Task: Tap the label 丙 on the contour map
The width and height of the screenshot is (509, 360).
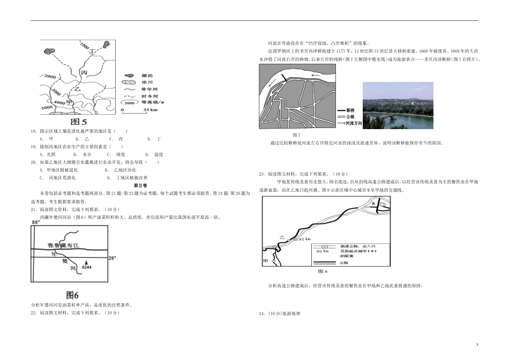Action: [84, 73]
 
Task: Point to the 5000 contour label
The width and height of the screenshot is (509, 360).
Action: [47, 108]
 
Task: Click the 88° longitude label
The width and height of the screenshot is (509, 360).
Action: [36, 222]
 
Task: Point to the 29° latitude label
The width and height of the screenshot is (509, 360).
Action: [112, 258]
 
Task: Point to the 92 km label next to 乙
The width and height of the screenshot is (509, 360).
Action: [304, 239]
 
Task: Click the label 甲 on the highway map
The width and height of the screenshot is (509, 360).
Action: [265, 261]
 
